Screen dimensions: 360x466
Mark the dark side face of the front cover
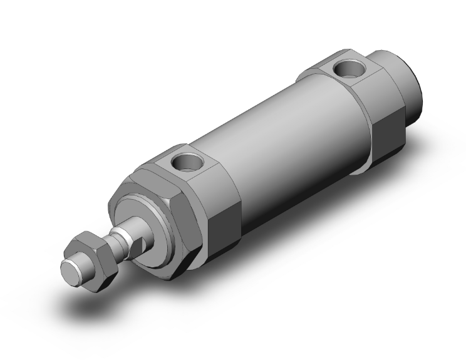click(x=225, y=207)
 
